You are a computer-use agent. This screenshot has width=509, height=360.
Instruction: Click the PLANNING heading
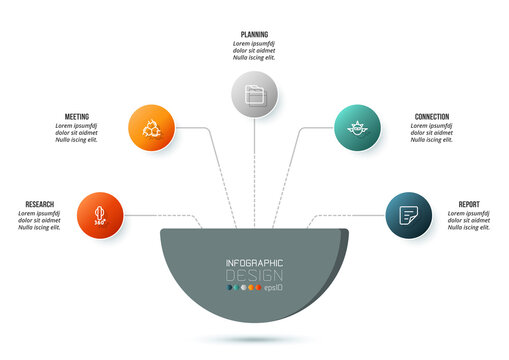[x=254, y=34]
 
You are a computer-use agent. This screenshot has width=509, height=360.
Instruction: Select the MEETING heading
[x=75, y=117]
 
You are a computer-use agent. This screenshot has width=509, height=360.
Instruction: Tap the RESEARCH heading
[x=40, y=204]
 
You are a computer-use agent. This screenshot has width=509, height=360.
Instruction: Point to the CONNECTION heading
[x=432, y=117]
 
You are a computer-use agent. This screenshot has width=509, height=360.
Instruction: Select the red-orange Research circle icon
[x=99, y=216]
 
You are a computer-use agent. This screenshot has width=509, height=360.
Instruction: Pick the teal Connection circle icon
[x=357, y=128]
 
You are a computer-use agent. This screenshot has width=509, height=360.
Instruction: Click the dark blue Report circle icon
[x=408, y=215]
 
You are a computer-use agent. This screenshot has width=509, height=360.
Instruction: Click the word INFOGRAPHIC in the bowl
[x=254, y=263]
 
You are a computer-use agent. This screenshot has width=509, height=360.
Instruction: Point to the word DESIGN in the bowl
[x=254, y=275]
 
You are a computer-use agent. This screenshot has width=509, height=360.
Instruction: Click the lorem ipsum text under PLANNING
[x=254, y=50]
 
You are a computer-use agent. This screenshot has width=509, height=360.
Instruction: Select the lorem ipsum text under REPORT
[x=469, y=221]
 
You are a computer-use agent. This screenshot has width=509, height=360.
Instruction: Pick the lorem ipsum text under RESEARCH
[x=40, y=220]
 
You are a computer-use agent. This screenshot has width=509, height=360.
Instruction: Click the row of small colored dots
[x=243, y=288]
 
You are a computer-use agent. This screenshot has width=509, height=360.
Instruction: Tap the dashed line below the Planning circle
[x=255, y=170]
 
